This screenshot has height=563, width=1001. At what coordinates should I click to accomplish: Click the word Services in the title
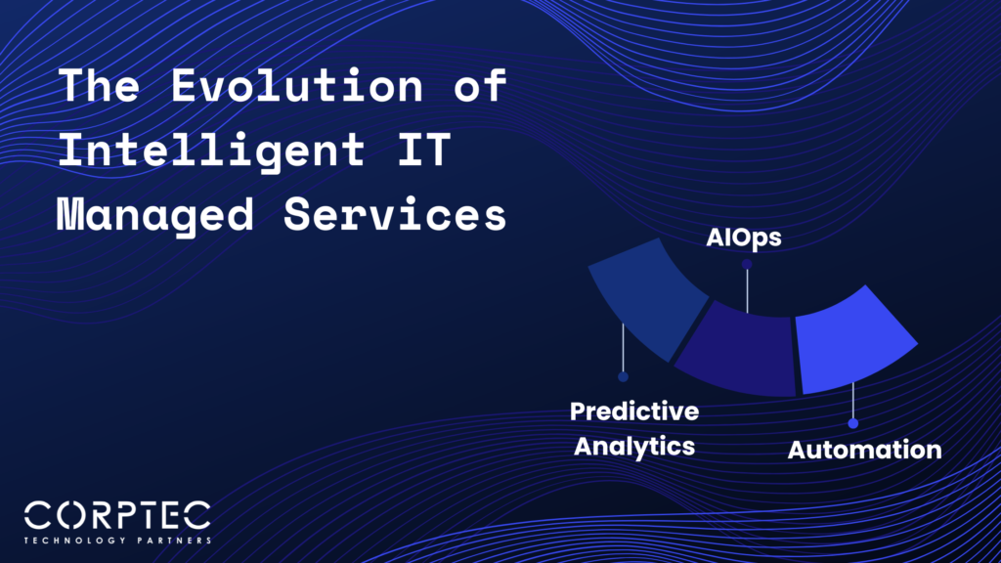(x=395, y=215)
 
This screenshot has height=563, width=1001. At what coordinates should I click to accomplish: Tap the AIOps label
(x=743, y=238)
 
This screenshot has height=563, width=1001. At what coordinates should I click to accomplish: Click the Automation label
(x=864, y=451)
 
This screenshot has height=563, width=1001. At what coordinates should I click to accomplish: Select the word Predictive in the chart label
(x=634, y=411)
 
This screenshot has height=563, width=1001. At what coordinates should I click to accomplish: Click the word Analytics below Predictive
(x=634, y=447)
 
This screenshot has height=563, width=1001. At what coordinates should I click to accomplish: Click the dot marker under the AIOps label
(x=746, y=264)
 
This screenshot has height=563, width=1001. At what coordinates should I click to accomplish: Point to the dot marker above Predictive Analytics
(x=623, y=376)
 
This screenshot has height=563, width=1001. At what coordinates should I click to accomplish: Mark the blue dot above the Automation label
(x=853, y=423)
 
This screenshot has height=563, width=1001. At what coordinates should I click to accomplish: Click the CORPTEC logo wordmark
(x=117, y=516)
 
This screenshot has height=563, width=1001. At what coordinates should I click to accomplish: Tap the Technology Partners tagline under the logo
(x=117, y=540)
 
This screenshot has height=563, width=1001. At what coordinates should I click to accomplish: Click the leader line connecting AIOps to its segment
(x=746, y=289)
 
